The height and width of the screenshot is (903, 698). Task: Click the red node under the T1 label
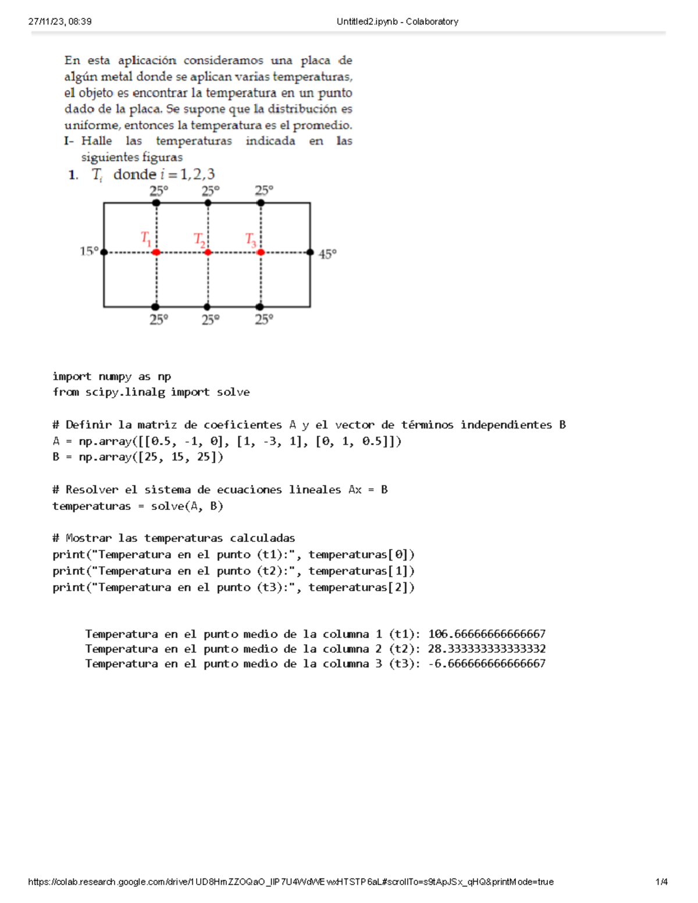(156, 252)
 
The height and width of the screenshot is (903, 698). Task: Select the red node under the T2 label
(208, 252)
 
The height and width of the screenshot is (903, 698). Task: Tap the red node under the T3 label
(261, 252)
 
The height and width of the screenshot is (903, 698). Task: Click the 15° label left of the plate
(89, 251)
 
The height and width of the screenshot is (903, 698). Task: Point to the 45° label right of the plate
(327, 254)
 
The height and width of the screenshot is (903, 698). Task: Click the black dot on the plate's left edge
(104, 252)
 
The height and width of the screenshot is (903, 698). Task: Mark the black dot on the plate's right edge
(311, 252)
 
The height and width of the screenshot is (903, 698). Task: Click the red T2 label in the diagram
(199, 239)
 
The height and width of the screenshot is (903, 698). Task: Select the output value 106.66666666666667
(486, 634)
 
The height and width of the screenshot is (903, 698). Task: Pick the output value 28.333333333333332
(486, 649)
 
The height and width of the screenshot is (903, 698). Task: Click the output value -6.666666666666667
(486, 663)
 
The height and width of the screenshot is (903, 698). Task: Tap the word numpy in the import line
(115, 376)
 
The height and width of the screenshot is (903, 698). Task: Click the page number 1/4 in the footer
(661, 882)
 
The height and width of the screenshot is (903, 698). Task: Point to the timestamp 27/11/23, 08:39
(60, 22)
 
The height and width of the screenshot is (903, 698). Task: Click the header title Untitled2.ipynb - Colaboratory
(397, 22)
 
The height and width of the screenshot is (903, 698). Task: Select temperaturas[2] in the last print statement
(358, 587)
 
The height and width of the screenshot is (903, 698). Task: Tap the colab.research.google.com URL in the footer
(291, 882)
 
